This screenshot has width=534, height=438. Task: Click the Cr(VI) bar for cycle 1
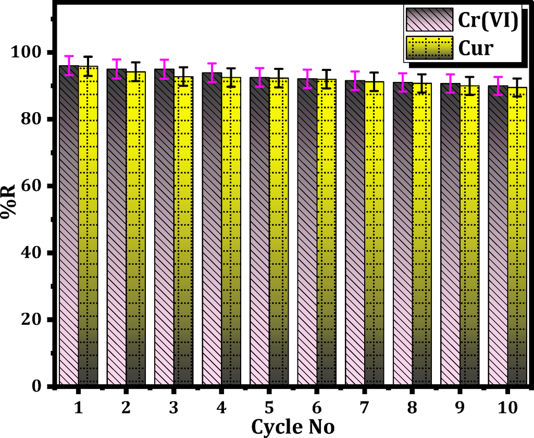point(69,224)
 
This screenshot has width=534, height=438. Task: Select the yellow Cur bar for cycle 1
point(88,224)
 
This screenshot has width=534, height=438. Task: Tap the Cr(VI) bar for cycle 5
point(259,229)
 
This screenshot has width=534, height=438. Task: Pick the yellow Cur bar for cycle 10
point(517,235)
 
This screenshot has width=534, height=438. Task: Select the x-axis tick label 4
point(221,408)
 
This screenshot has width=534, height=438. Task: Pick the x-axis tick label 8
point(412,408)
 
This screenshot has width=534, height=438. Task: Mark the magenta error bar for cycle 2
point(117,69)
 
